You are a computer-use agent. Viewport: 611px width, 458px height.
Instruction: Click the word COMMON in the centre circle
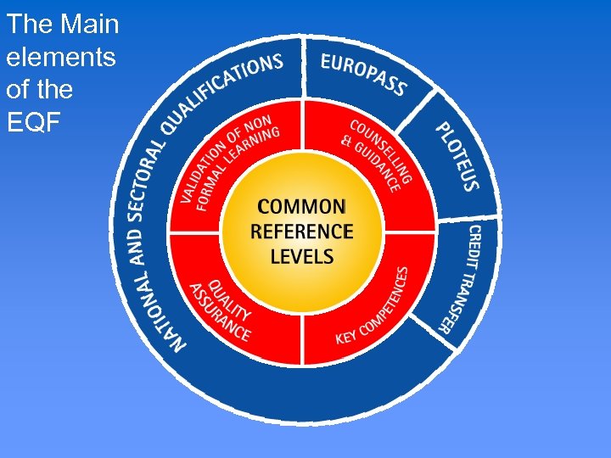(301, 206)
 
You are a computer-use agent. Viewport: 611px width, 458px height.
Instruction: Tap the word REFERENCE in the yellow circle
(301, 231)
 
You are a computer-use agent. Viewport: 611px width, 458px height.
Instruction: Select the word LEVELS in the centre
(301, 255)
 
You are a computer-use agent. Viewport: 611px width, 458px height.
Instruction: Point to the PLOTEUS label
(458, 157)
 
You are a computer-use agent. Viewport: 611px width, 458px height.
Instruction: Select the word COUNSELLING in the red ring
(383, 144)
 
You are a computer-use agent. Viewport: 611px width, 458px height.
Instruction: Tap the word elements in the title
(59, 57)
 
